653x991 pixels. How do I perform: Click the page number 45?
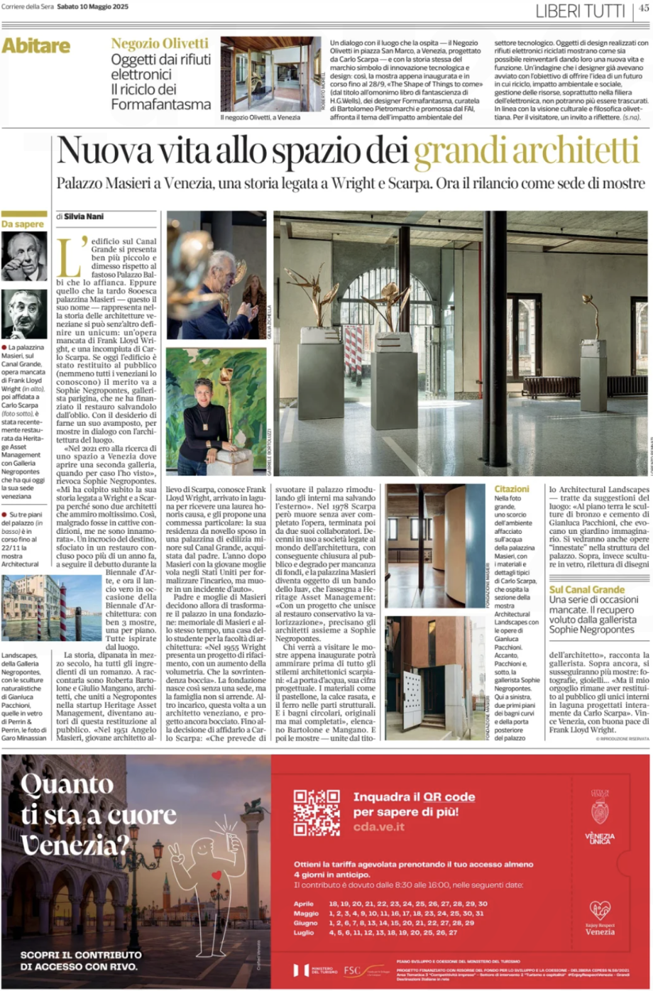point(643,9)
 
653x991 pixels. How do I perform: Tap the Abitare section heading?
point(36,46)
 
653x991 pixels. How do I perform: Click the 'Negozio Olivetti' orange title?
point(160,44)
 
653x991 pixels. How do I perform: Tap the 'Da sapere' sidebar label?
point(23,224)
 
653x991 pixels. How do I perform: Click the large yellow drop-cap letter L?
point(67,257)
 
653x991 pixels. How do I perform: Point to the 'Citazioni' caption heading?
point(512,489)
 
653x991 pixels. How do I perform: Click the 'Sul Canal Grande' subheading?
point(587,589)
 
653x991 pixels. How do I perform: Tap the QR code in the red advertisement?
point(317,812)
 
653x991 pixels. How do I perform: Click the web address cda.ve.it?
point(379,827)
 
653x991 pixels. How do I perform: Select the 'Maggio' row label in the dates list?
point(306,914)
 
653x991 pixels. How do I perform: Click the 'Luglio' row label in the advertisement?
point(304,933)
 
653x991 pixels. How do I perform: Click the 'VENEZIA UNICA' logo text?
point(600,838)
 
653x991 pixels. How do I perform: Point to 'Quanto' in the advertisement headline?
point(67,784)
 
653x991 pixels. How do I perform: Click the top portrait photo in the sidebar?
point(24,256)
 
